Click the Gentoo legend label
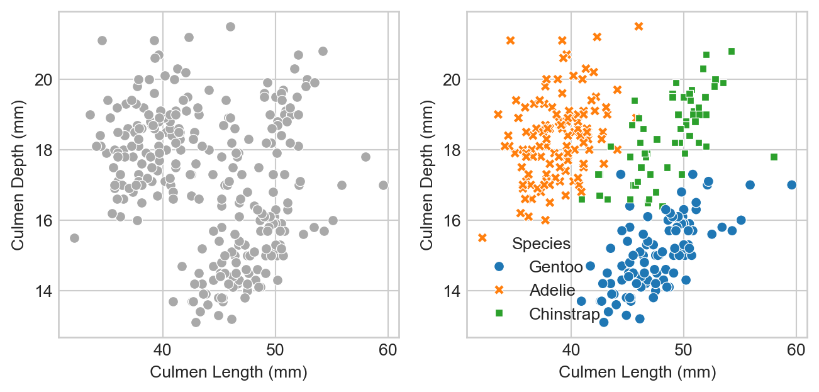coord(555,267)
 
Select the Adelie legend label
coord(552,290)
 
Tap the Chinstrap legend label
coord(564,313)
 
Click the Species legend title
coord(541,244)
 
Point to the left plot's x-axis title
coord(228,373)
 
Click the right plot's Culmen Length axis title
coord(637,373)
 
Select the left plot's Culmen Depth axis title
coord(18,174)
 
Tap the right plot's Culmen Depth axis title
coord(426,174)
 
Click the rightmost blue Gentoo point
coord(791,185)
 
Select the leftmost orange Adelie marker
coord(482,238)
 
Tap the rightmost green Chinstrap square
coord(774,157)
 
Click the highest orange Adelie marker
coord(638,26)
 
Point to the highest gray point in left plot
coord(230,26)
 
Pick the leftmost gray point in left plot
coord(74,238)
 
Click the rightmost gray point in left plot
coord(383,185)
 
